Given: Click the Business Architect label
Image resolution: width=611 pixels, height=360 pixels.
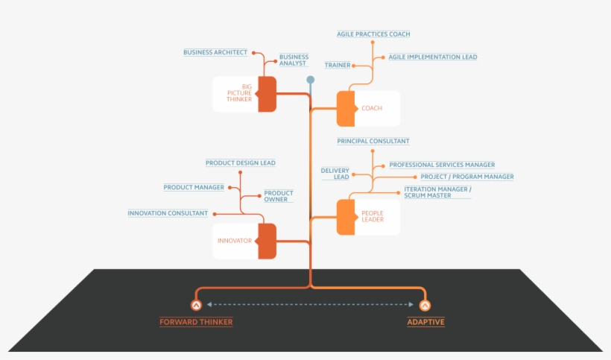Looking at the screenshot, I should tap(215, 52).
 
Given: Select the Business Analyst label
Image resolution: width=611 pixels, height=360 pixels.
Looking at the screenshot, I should tap(294, 60).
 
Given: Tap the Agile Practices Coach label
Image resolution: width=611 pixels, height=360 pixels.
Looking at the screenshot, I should tap(373, 34).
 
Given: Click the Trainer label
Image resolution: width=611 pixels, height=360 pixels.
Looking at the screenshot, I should tap(338, 66).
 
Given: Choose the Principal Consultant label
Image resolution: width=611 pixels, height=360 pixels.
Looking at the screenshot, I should tap(373, 141).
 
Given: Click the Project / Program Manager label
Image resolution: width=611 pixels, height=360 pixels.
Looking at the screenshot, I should tap(466, 177).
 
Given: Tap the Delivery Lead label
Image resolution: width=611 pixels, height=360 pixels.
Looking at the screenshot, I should tap(335, 174).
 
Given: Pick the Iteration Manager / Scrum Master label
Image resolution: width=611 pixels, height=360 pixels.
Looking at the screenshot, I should tap(437, 192).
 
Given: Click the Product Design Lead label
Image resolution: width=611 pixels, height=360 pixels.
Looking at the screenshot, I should tap(241, 162).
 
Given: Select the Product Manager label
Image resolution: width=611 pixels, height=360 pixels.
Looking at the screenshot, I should tap(194, 187).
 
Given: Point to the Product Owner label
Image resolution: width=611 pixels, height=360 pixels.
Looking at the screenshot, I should tap(279, 196).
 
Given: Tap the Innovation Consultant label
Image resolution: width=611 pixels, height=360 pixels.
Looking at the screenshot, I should tap(168, 213).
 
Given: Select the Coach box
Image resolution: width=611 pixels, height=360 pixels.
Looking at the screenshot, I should tap(368, 109).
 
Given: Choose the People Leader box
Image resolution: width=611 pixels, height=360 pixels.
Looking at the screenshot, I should tap(368, 217).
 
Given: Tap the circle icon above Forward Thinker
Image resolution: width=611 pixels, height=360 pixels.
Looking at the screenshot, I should tap(196, 305).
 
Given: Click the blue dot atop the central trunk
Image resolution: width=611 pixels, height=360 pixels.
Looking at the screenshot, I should tap(310, 80).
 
